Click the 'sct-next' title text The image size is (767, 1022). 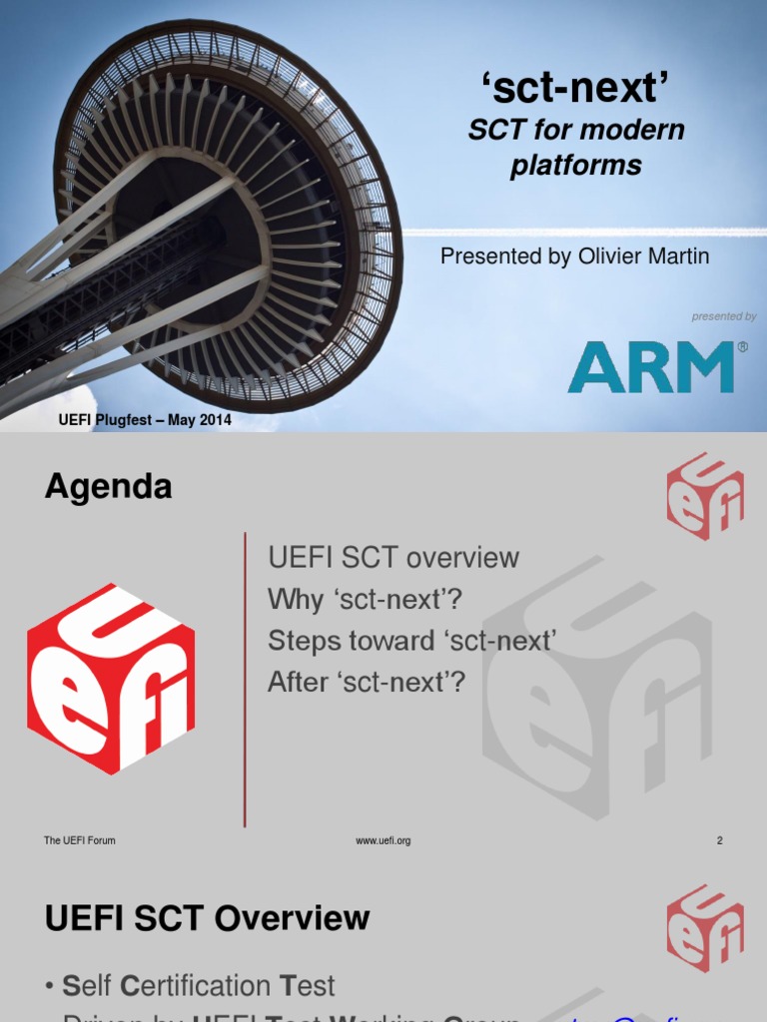tap(574, 89)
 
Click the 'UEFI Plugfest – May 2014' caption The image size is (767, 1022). tap(145, 420)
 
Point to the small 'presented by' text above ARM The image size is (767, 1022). tap(724, 316)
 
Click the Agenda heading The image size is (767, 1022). tap(108, 487)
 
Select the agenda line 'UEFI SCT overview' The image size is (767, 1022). tap(393, 557)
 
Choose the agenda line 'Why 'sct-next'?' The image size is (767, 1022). tap(366, 599)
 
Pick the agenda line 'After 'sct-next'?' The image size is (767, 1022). tap(367, 683)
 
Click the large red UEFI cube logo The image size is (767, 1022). tap(111, 679)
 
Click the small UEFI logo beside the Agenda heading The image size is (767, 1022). tap(705, 496)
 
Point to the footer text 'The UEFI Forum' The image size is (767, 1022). tap(80, 840)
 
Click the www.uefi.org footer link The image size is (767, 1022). tap(383, 840)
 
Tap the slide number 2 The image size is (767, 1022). tap(719, 840)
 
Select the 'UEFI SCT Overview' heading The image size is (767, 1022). tap(207, 918)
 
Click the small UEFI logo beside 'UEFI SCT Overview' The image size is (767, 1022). tap(705, 928)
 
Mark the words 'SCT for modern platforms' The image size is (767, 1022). tap(576, 147)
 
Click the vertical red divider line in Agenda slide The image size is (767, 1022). tap(246, 679)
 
